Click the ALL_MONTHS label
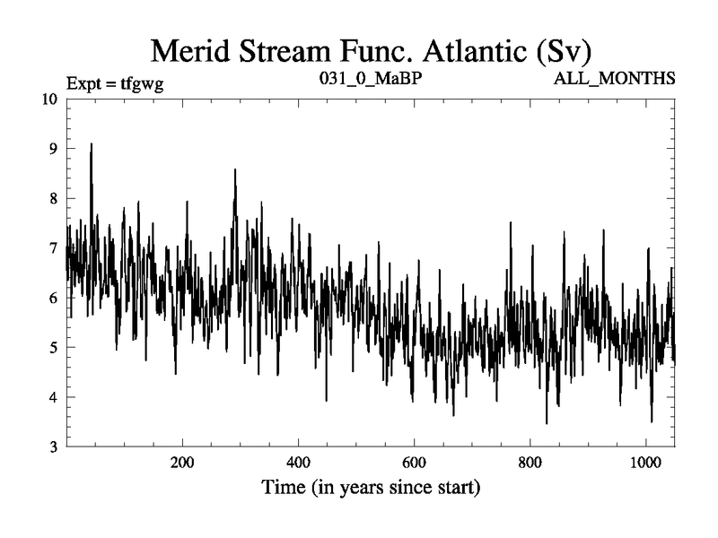pyautogui.click(x=615, y=80)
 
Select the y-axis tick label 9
pyautogui.click(x=54, y=149)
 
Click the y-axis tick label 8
pyautogui.click(x=54, y=198)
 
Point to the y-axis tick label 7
pyautogui.click(x=54, y=247)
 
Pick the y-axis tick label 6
pyautogui.click(x=54, y=298)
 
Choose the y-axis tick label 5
pyautogui.click(x=54, y=347)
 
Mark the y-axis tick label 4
pyautogui.click(x=54, y=397)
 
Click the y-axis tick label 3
pyautogui.click(x=54, y=447)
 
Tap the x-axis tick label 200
pyautogui.click(x=182, y=464)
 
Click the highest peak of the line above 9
pyautogui.click(x=91, y=144)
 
